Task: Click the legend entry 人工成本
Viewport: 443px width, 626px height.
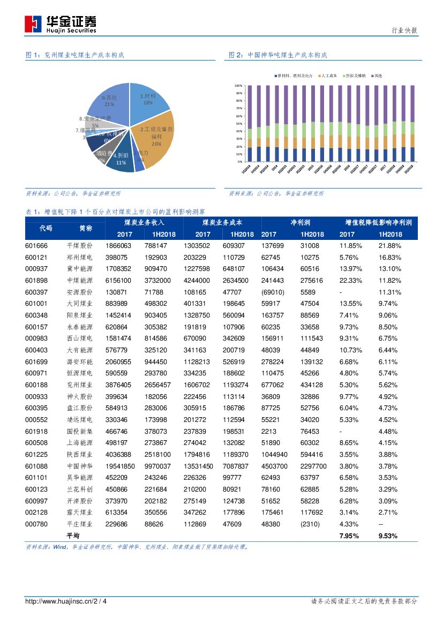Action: point(329,76)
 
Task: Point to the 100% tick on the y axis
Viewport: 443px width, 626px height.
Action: point(239,86)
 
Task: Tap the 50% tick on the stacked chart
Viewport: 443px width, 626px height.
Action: point(239,124)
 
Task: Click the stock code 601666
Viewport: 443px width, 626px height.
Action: point(36,246)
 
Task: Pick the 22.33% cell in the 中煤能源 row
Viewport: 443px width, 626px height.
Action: point(351,281)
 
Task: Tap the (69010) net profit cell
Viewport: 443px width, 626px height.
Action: point(273,292)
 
